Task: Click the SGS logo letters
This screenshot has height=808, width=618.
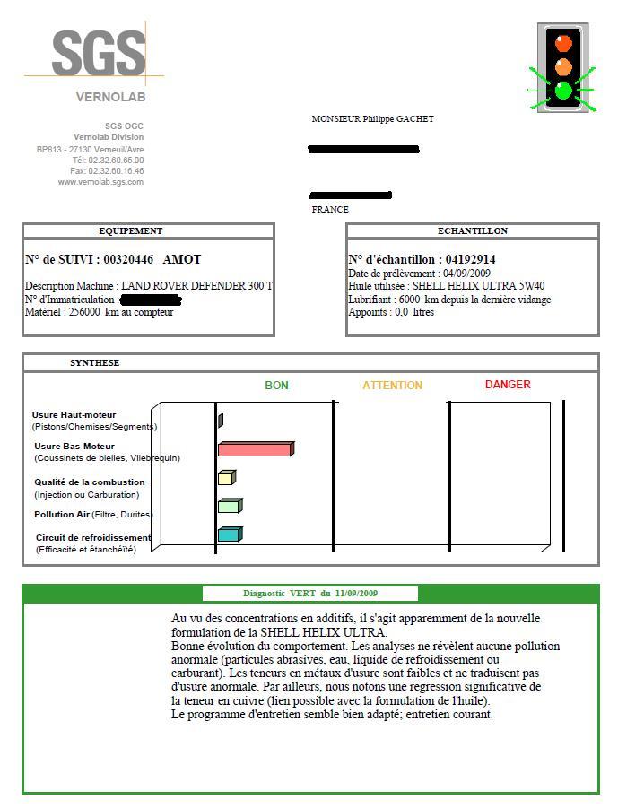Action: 98,55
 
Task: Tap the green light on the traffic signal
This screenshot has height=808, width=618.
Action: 563,91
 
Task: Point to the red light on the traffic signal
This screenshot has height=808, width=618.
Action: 563,42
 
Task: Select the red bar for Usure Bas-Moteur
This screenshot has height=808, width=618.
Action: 255,448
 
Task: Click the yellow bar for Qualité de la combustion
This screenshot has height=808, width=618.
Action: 226,478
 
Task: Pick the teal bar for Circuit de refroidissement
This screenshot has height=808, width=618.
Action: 229,534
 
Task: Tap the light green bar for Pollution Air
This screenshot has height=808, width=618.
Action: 229,506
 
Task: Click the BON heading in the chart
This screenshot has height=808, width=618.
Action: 276,386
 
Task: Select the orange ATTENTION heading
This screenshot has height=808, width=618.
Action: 392,386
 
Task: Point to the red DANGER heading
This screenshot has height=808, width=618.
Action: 508,385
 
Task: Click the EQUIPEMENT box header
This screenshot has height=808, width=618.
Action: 131,231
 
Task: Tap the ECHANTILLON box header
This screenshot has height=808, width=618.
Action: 472,231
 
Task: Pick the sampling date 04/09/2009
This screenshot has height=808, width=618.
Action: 466,274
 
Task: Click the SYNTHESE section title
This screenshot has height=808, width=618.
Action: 94,363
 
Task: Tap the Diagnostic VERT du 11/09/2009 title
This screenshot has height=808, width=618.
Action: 310,594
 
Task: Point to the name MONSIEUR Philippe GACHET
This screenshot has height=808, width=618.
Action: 372,119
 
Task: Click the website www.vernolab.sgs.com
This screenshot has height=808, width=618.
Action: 100,182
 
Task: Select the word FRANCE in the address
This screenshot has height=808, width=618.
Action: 330,210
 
